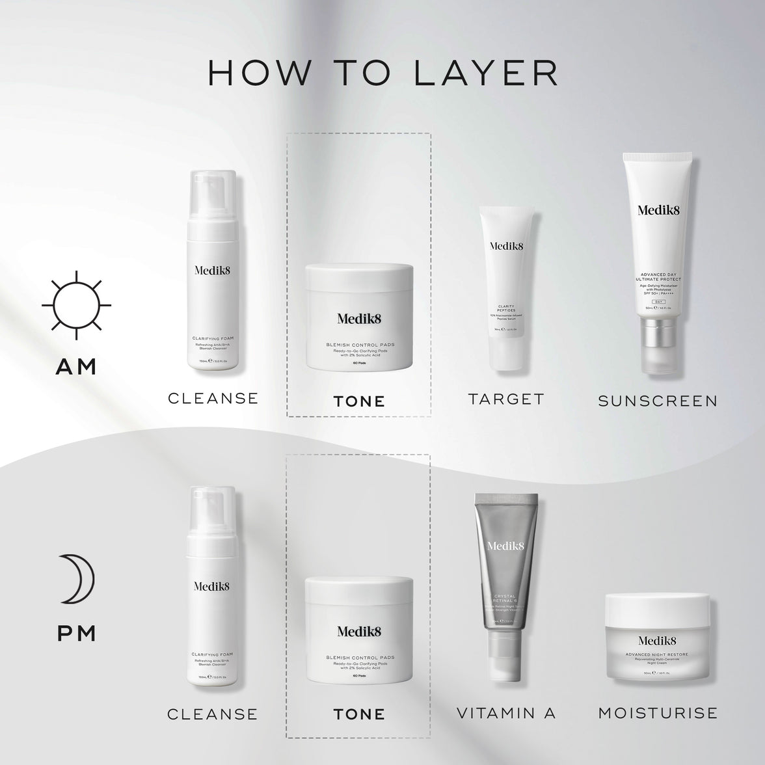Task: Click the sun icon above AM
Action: pos(76,304)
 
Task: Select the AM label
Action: pos(76,366)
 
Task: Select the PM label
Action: pos(77,633)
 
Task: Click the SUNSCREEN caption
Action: pos(658,401)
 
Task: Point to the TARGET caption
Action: pos(505,399)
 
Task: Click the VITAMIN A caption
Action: pos(506,713)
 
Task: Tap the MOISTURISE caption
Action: pos(658,713)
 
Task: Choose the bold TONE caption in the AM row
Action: pos(359,401)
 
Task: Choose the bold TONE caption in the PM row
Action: pos(359,714)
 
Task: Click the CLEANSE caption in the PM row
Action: pos(213,714)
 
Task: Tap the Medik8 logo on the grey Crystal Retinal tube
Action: pos(505,547)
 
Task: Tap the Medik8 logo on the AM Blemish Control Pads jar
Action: pos(359,318)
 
